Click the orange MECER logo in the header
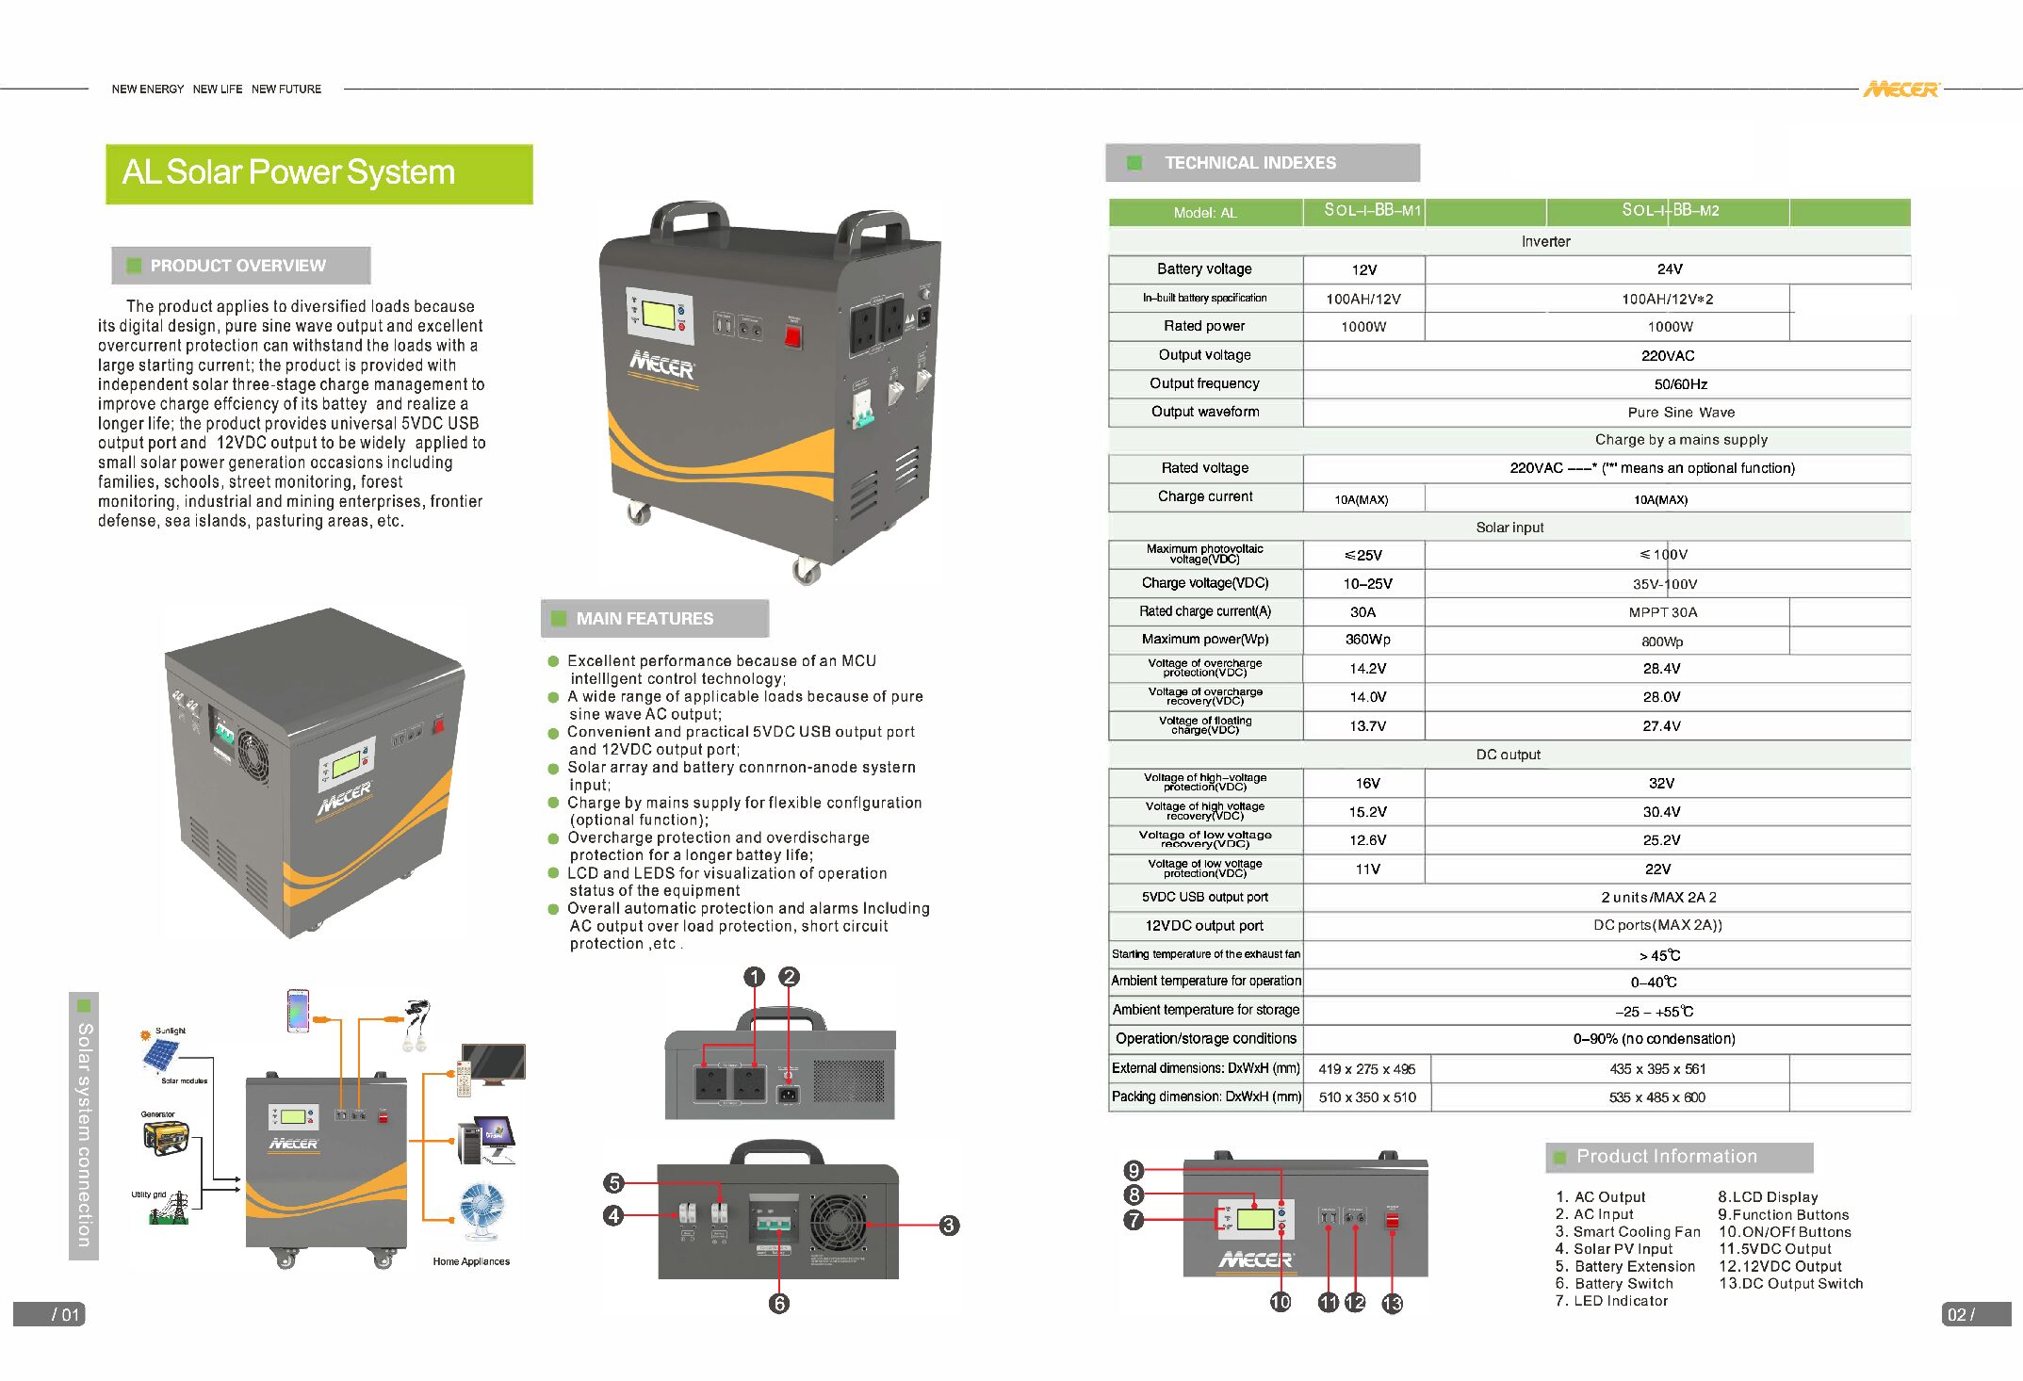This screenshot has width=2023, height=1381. (x=1901, y=89)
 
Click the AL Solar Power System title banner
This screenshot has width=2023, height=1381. (x=318, y=173)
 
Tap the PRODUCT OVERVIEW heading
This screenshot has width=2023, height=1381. (x=239, y=266)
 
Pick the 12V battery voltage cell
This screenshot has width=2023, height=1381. (x=1363, y=269)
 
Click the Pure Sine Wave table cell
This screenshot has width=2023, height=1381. (x=1680, y=413)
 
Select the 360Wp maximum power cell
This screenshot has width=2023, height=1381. (x=1367, y=640)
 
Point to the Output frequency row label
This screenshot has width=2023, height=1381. (x=1204, y=383)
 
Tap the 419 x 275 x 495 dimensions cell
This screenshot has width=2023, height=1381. (x=1366, y=1069)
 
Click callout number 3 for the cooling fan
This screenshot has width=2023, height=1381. (x=949, y=1226)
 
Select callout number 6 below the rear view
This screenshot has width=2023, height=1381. (x=778, y=1304)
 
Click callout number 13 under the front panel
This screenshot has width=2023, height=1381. (x=1392, y=1304)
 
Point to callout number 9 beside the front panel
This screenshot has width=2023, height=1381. (x=1134, y=1170)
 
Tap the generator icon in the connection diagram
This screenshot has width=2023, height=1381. (x=166, y=1138)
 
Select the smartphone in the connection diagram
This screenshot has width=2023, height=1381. (x=298, y=1011)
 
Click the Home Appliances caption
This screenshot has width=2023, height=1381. (x=471, y=1261)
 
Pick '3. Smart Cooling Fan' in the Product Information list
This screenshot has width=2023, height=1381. (x=1627, y=1232)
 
